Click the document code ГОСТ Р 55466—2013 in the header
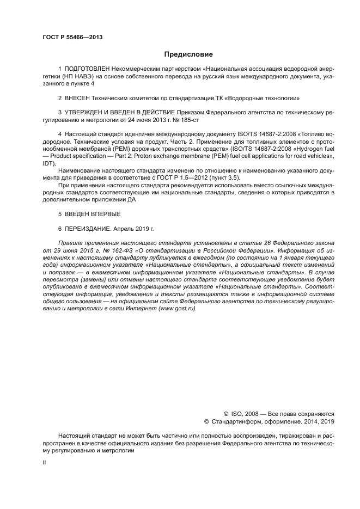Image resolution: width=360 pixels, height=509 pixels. pyautogui.click(x=72, y=37)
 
